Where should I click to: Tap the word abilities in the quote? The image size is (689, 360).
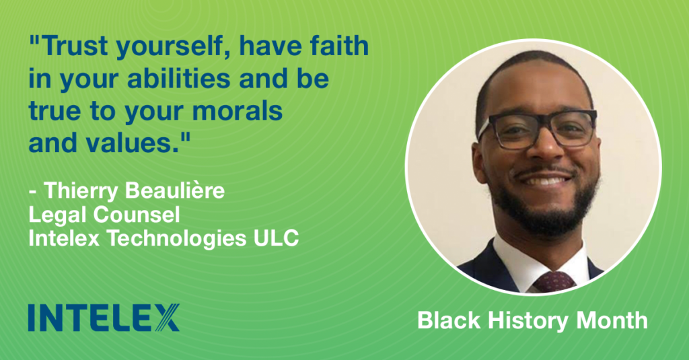179,79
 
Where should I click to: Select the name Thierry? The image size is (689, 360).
81,192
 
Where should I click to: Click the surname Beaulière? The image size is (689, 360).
175,191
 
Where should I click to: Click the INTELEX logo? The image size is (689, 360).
104,318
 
